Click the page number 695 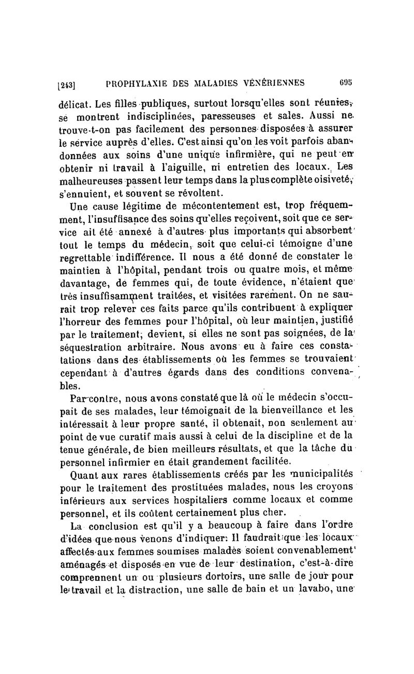tap(346, 81)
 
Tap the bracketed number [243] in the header tap(68, 83)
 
